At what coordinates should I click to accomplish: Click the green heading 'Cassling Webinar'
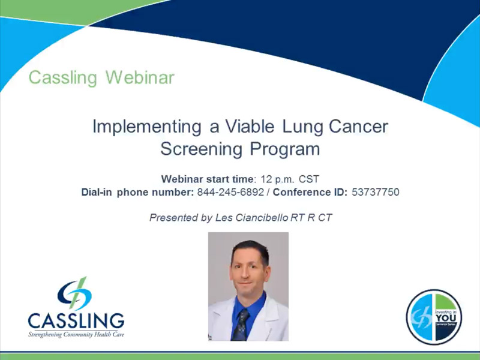click(101, 77)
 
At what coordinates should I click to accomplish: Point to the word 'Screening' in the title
click(200, 149)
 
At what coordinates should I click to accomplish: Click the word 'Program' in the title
click(283, 149)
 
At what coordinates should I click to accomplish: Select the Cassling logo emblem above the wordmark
click(76, 293)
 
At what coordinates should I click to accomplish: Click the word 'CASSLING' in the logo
click(76, 320)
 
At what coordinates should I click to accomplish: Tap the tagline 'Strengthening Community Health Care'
click(76, 334)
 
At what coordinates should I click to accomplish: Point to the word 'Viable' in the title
click(247, 127)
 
